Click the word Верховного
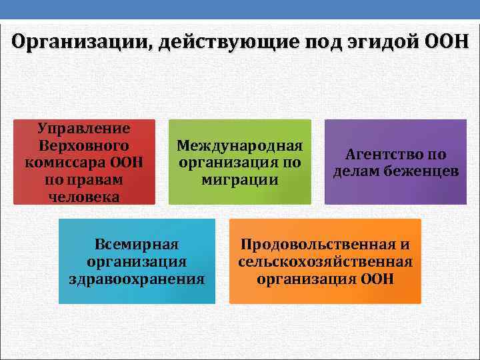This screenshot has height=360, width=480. (x=84, y=145)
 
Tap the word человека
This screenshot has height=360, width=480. (x=84, y=197)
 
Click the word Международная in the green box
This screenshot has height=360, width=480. (x=239, y=145)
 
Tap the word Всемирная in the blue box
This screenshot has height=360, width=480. (x=137, y=244)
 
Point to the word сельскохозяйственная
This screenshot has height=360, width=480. (x=325, y=261)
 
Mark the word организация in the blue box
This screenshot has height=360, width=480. (x=137, y=261)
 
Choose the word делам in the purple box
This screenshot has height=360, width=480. (x=355, y=171)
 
